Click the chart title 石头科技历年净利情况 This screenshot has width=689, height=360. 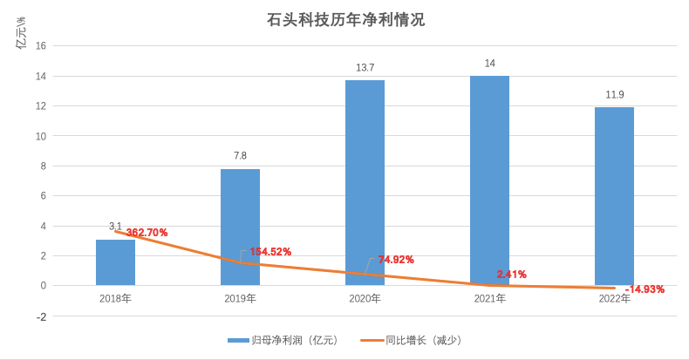[x=345, y=19]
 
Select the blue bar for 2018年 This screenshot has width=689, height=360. [x=115, y=262]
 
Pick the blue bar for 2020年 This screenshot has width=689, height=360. [x=365, y=183]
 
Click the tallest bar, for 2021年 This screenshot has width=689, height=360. [x=489, y=180]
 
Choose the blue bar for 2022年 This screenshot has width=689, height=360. [x=614, y=196]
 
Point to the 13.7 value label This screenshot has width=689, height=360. [x=365, y=68]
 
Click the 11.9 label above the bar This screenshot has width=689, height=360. [x=614, y=95]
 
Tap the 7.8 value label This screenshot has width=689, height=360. [x=240, y=156]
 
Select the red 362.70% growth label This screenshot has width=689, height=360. [x=147, y=233]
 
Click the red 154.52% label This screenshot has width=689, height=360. [x=270, y=252]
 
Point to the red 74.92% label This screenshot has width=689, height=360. [x=395, y=260]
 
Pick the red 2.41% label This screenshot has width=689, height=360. [x=511, y=275]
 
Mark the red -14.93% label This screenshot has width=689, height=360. [x=645, y=289]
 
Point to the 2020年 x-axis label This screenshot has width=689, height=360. [x=365, y=299]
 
